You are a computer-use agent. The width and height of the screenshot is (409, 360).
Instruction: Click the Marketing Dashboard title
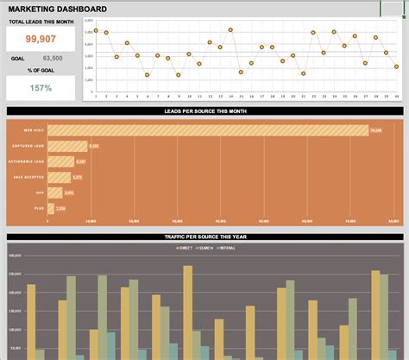coord(59,9)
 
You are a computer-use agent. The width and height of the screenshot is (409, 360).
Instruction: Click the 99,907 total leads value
coord(42,40)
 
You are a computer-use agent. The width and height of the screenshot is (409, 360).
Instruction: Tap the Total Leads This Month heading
coord(42,21)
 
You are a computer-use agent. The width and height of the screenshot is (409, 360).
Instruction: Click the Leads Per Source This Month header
coord(204,111)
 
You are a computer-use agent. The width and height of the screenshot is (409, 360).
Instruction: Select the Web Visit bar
coord(207,130)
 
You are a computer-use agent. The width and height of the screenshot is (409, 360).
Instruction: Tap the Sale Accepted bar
coord(59,177)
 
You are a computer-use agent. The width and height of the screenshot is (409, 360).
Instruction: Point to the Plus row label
coord(39,208)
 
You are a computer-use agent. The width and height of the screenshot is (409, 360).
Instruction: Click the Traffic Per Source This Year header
coord(204,236)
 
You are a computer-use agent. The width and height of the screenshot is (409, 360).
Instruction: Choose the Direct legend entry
coord(184,248)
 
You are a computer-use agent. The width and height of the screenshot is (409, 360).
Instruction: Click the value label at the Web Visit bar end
coord(375,130)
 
